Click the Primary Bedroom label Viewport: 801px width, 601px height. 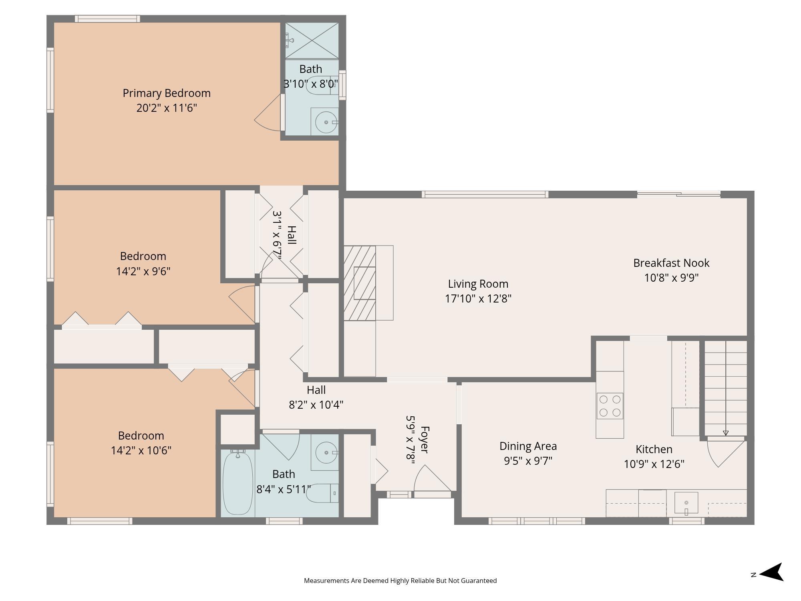[x=167, y=93]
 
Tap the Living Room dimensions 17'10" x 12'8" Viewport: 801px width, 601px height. [x=478, y=299]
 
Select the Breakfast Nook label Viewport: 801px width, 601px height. [x=671, y=263]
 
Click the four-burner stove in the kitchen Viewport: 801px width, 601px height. [x=610, y=406]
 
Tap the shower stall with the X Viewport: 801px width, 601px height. [x=312, y=40]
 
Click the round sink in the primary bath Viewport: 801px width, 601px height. [x=326, y=122]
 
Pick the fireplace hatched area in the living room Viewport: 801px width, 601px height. [x=360, y=283]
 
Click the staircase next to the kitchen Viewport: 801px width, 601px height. [x=725, y=388]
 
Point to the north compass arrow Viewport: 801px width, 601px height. [x=771, y=572]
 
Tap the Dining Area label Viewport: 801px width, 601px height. [x=528, y=446]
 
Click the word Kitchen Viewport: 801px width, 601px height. [x=654, y=449]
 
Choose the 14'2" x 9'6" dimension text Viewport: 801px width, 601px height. [x=143, y=271]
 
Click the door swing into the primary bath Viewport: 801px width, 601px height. [x=268, y=112]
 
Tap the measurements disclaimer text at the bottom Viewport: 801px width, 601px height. [x=400, y=581]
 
